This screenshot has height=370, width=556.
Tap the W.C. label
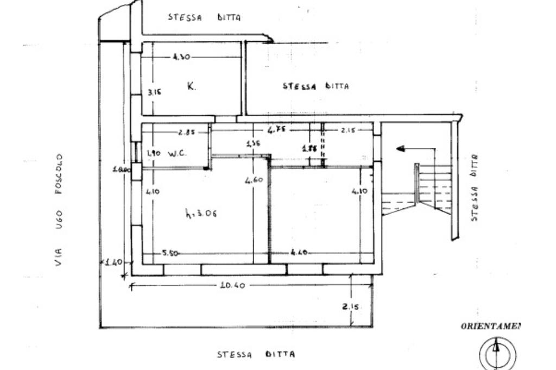point(178,153)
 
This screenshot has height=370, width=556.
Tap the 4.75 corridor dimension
point(277,130)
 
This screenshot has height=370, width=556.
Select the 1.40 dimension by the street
point(115,262)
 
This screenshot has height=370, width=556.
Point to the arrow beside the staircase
point(405,148)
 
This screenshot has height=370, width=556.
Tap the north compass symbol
point(497,354)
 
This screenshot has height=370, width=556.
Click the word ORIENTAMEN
point(490,327)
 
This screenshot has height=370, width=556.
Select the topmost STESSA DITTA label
point(204,17)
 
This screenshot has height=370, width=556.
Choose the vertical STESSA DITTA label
point(474,187)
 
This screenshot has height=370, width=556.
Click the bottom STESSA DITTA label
point(256,354)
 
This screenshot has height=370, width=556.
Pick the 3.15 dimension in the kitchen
point(155,92)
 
